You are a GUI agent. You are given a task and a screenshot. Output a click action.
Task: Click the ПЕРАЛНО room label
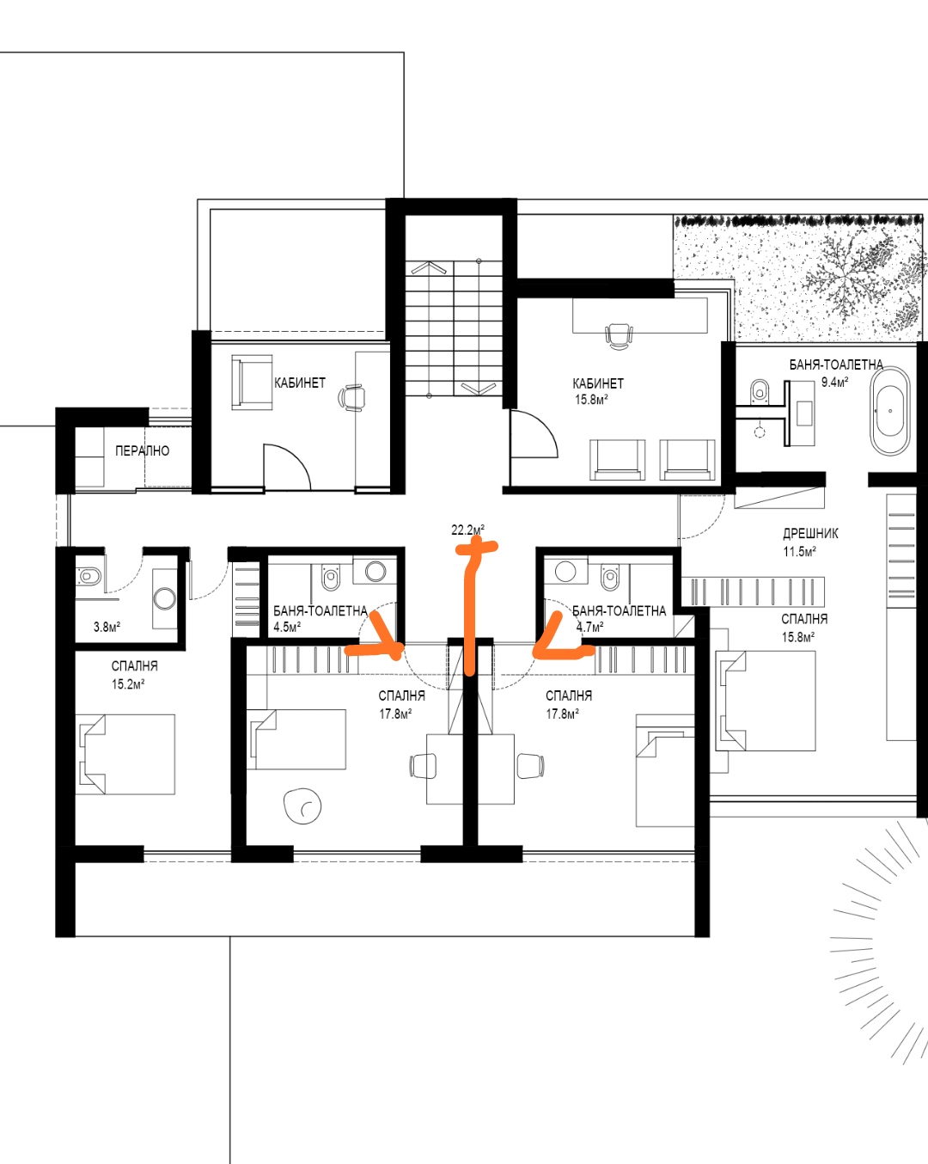coord(143,450)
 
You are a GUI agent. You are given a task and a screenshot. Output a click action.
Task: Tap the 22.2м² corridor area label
coord(467,530)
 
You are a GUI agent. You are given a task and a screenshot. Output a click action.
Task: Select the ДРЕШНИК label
coord(810,534)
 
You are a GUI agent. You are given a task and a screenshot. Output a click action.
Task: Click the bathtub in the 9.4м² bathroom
coord(889,412)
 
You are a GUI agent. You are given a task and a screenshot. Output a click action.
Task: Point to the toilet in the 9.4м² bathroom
coord(760,389)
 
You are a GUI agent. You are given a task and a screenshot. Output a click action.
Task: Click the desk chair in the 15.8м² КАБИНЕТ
coord(618,336)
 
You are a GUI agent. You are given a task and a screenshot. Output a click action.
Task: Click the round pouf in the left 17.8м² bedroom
coord(302,806)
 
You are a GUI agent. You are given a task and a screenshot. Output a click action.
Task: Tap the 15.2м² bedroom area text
coord(128,684)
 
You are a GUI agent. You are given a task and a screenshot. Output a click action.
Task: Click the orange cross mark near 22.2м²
coord(476,548)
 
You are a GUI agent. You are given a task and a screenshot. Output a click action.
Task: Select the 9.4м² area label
coord(834,383)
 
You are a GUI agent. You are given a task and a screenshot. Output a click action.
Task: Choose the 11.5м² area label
coord(799,552)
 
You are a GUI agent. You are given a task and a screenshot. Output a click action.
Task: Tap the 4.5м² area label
coord(287,628)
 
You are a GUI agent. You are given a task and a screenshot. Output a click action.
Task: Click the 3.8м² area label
coord(107,627)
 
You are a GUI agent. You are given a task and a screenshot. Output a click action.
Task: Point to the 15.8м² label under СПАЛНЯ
coord(797,637)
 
